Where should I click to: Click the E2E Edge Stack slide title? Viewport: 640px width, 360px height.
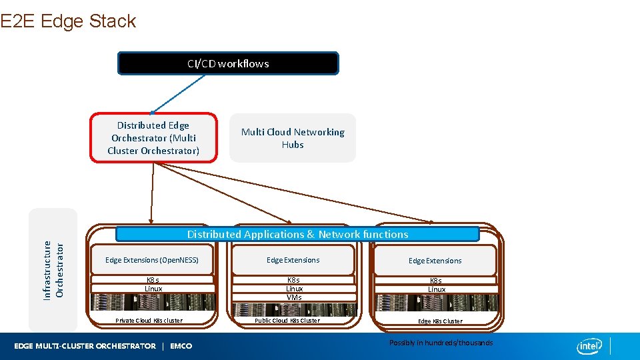coord(68,21)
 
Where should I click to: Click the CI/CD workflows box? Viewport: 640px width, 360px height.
coord(228,63)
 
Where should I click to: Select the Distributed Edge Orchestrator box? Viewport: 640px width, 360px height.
coord(153,138)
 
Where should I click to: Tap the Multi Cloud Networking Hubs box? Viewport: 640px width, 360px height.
coord(293,138)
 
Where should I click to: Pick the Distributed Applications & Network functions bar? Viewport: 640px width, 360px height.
coord(297,234)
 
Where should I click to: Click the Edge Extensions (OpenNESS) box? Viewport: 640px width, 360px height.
coord(152,260)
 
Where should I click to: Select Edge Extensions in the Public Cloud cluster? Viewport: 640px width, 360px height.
coord(293,260)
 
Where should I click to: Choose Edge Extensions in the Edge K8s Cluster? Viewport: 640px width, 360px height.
coord(435,261)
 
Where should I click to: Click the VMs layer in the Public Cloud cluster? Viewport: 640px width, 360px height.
coord(294,297)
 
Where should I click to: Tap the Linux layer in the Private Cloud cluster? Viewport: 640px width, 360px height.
coord(153,289)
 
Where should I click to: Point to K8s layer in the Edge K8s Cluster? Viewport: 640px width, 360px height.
coord(435,281)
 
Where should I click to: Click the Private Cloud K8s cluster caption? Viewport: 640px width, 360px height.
coord(149,321)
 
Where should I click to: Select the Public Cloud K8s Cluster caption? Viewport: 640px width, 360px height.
coord(287,321)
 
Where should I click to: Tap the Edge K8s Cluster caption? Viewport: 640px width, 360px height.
coord(439,321)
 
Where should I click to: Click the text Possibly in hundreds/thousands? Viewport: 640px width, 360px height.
coord(441,343)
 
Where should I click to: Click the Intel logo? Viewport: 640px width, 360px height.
coord(589,346)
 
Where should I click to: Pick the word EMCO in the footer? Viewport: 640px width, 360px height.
coord(181,346)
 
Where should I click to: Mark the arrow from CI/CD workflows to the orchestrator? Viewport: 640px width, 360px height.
coord(179,93)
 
